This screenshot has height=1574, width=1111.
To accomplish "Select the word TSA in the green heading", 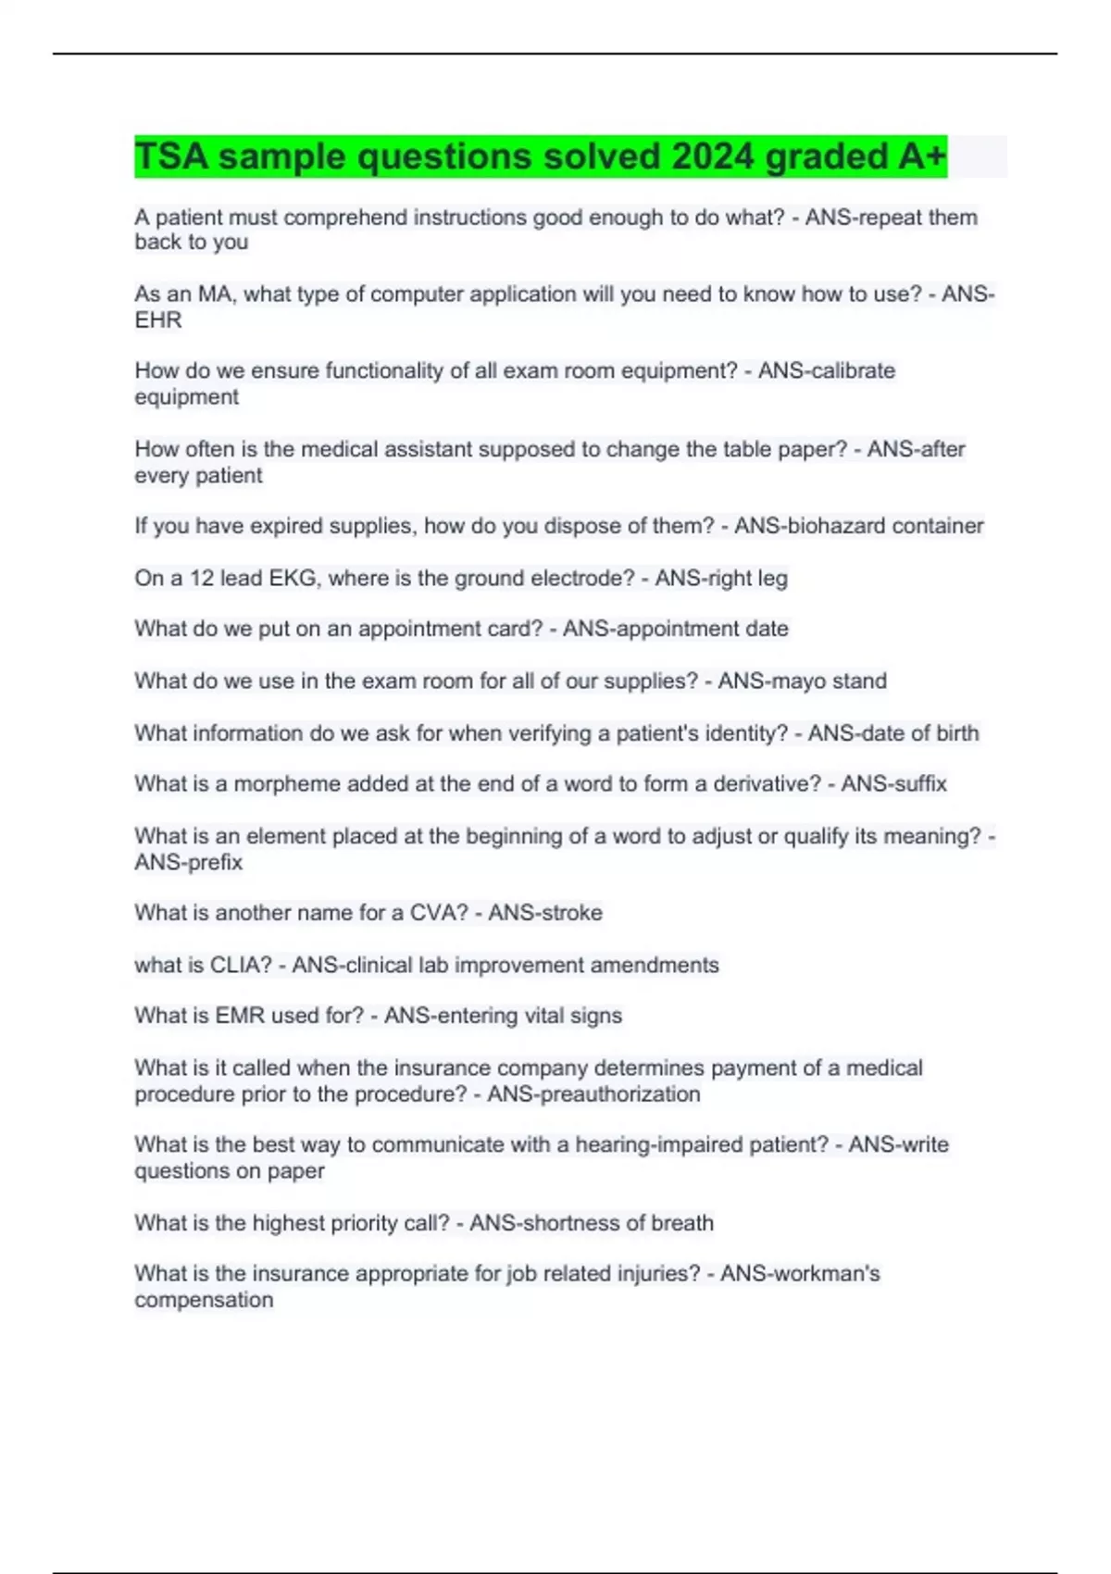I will [171, 156].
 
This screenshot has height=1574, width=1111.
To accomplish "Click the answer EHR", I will [158, 320].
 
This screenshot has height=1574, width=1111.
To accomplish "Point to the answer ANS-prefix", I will [189, 863].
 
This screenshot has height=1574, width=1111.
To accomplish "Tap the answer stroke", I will [572, 913].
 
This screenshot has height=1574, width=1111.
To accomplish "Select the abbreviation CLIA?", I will [241, 966].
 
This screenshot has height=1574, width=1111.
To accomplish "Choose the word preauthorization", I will [619, 1094].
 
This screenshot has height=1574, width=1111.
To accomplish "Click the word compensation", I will [204, 1300].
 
